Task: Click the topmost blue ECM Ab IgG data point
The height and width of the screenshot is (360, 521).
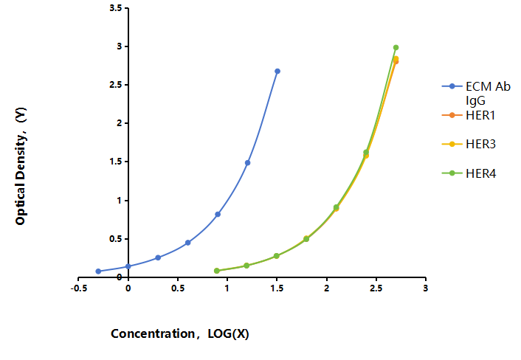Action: click(x=277, y=71)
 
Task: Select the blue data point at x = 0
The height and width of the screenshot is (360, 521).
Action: click(x=128, y=266)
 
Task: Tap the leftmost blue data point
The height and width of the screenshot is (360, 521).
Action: click(x=98, y=271)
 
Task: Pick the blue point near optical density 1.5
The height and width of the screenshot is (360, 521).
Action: click(x=247, y=163)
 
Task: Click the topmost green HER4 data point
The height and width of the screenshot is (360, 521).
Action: click(x=396, y=47)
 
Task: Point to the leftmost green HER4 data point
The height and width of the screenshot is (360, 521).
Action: click(x=217, y=271)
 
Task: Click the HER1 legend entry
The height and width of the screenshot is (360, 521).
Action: click(x=469, y=115)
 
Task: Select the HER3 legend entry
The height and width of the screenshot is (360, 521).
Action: click(x=469, y=144)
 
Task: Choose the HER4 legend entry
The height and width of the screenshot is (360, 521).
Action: click(x=469, y=173)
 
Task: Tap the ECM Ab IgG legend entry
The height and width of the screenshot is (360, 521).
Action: click(x=476, y=93)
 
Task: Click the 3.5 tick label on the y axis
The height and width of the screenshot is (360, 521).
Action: click(x=116, y=8)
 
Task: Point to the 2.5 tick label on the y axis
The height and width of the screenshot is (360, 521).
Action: click(x=116, y=85)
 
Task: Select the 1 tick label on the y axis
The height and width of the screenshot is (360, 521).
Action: click(x=120, y=200)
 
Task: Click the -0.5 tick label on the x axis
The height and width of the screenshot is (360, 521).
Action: click(x=79, y=288)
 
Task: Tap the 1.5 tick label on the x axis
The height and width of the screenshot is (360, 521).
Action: click(x=277, y=288)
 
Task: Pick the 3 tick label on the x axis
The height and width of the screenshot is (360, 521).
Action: click(x=425, y=288)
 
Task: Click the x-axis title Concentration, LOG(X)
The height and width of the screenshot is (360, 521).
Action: click(x=180, y=333)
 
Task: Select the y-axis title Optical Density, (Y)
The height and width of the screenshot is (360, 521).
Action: click(x=21, y=166)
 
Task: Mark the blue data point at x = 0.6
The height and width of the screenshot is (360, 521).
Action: click(x=187, y=243)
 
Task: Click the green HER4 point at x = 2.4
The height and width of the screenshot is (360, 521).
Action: click(x=366, y=153)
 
